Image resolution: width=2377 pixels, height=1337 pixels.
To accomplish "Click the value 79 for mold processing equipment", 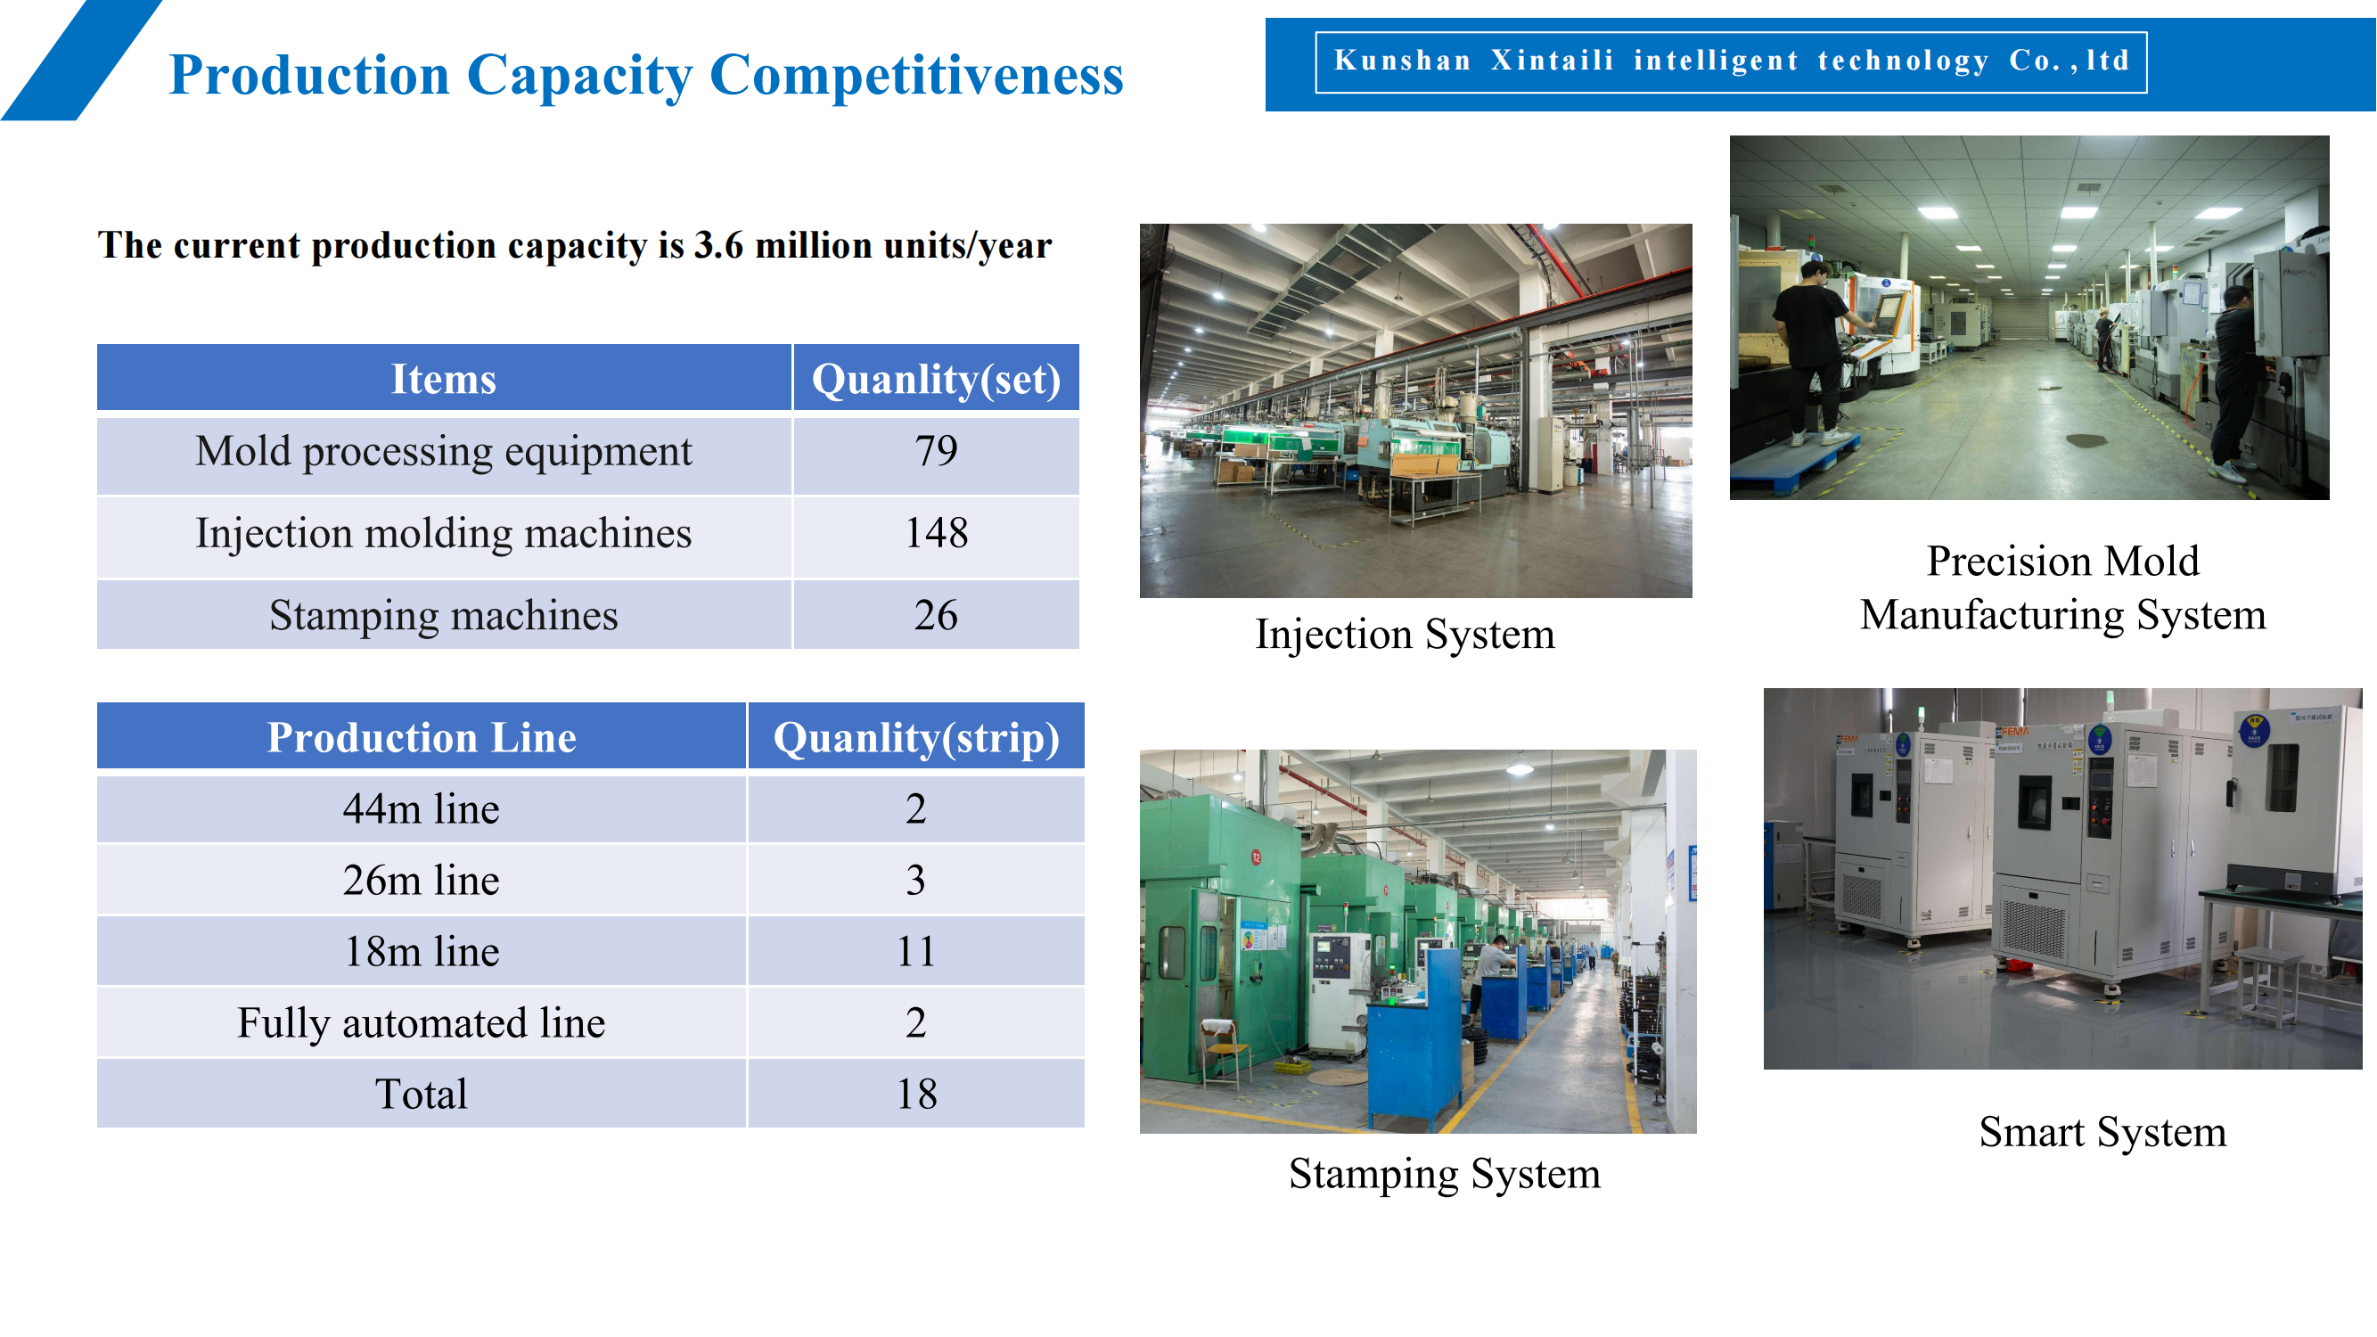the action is coord(936,451).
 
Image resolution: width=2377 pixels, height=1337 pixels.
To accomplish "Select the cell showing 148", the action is coord(936,533).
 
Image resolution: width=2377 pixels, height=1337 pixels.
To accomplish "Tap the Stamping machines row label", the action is coord(444,615).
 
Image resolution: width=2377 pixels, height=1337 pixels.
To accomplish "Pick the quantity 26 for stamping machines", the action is coord(936,615).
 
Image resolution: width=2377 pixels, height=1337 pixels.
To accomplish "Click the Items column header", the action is coord(444,378).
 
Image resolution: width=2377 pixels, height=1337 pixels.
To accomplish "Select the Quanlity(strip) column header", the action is coord(916,737).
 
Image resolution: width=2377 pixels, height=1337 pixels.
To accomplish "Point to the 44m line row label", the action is coord(422,809).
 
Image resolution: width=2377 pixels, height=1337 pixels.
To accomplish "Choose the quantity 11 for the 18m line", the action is coord(916,952).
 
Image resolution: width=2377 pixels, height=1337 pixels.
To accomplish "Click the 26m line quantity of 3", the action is coord(915,881).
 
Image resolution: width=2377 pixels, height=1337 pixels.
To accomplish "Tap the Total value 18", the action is coord(916,1095).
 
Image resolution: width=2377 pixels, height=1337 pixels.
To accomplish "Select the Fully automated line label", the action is coord(422,1023).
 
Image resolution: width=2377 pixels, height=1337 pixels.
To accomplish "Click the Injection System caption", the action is coord(1405,635).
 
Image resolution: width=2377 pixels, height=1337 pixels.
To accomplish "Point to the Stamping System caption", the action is coord(1445,1175).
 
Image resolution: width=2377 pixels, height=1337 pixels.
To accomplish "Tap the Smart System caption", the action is coord(2102,1133).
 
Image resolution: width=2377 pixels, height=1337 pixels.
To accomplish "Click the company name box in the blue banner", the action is coord(1731,62).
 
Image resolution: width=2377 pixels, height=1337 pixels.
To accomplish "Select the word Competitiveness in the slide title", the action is coord(916,76).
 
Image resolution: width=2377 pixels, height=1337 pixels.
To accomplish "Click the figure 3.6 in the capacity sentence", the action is coord(717,245).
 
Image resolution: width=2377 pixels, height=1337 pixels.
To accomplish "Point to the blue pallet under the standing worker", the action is coord(1795,462).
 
